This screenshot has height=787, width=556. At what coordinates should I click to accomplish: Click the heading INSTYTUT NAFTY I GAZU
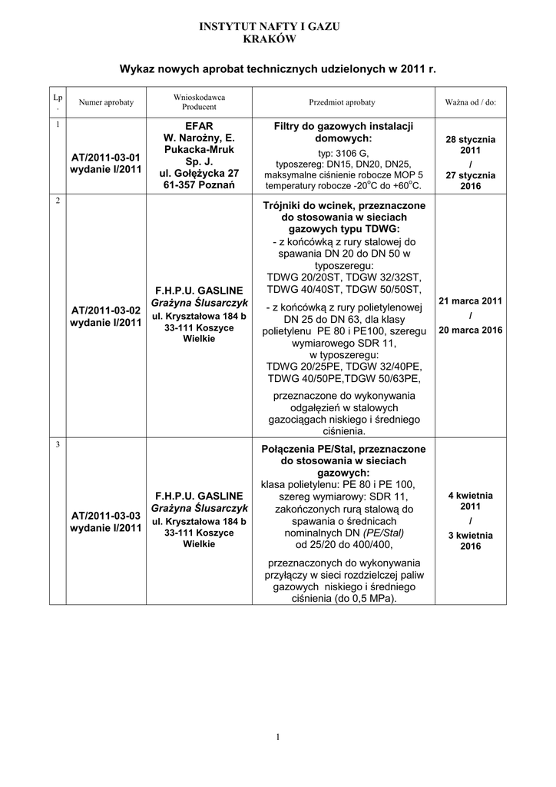tap(270, 26)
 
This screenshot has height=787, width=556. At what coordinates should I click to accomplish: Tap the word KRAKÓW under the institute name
tap(270, 38)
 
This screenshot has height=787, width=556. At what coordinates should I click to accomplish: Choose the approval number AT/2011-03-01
tap(106, 157)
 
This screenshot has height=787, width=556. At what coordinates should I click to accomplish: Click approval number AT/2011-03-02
tap(106, 310)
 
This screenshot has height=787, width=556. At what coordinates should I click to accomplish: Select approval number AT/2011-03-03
tap(106, 515)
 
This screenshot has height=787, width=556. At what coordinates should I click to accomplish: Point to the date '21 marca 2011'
tap(470, 301)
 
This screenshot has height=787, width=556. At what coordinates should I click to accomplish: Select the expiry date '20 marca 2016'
tap(470, 330)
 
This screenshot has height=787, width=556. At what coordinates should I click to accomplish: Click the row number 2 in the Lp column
tap(58, 201)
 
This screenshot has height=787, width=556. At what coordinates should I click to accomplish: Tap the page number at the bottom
tap(277, 739)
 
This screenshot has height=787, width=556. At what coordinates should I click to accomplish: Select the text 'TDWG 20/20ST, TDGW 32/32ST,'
tap(343, 277)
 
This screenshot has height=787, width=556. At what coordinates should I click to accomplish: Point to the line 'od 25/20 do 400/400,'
tap(343, 545)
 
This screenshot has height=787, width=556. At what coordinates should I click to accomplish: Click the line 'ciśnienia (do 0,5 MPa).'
tap(343, 599)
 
